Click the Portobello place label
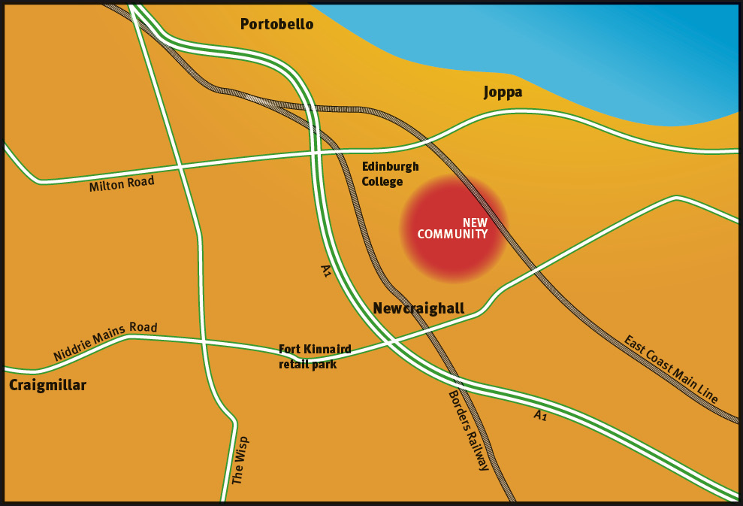(x=276, y=24)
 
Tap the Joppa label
(x=503, y=92)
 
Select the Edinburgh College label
(x=390, y=174)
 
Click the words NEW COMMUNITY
(x=453, y=229)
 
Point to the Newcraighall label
(x=418, y=308)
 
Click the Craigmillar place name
(x=47, y=385)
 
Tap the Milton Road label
(x=122, y=183)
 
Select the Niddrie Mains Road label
(x=105, y=340)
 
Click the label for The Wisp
(x=239, y=459)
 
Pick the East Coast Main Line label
(x=671, y=369)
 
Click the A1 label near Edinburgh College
(x=325, y=271)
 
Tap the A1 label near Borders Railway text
(x=540, y=415)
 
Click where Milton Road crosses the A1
(x=315, y=153)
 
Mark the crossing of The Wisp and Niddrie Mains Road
(x=204, y=341)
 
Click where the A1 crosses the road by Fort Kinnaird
(x=390, y=342)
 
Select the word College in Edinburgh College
(x=382, y=181)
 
